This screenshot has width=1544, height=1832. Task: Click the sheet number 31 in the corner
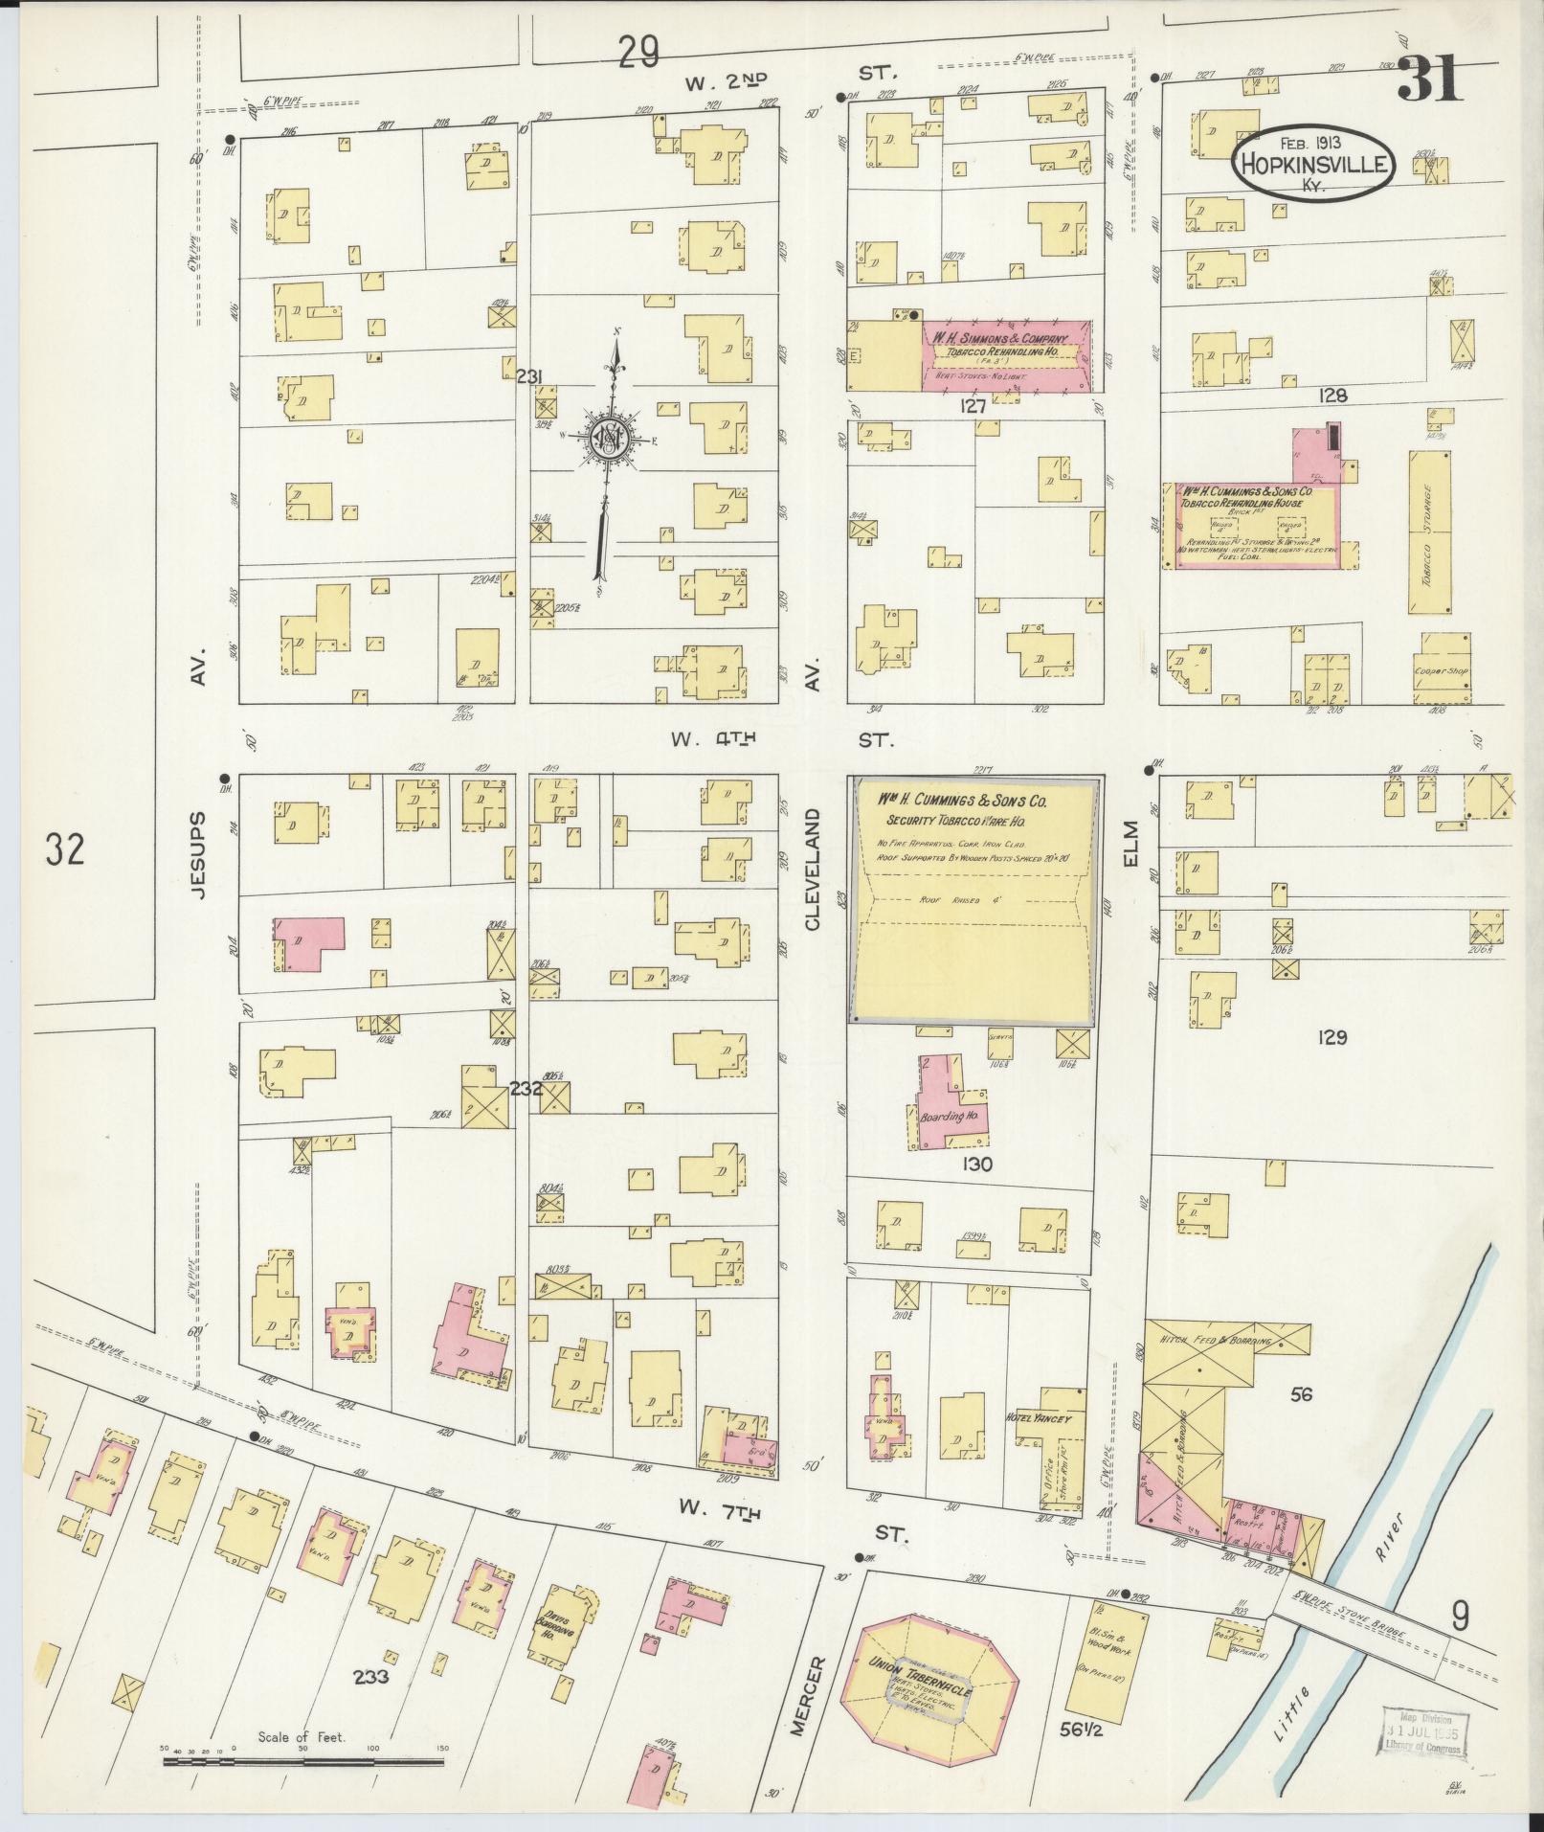(1430, 79)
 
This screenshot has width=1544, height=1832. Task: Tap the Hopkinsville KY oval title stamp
(1312, 164)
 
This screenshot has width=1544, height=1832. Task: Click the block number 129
(1331, 1036)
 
